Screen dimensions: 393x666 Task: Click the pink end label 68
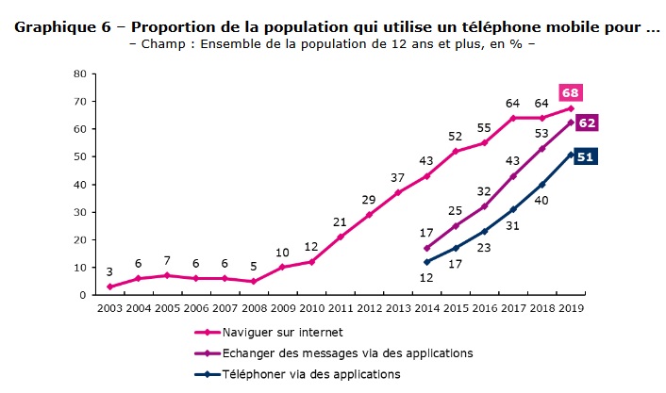[570, 92]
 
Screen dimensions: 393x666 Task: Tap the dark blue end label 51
[584, 156]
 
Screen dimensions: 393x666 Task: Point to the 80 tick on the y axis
[79, 74]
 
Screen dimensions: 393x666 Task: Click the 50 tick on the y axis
[79, 156]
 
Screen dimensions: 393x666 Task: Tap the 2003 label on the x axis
[109, 307]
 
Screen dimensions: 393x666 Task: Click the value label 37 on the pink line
[397, 177]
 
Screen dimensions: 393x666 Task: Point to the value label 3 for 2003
[109, 271]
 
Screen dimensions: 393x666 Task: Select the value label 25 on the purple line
[455, 210]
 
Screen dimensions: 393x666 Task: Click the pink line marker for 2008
[254, 281]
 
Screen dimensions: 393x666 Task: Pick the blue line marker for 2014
[426, 262]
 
